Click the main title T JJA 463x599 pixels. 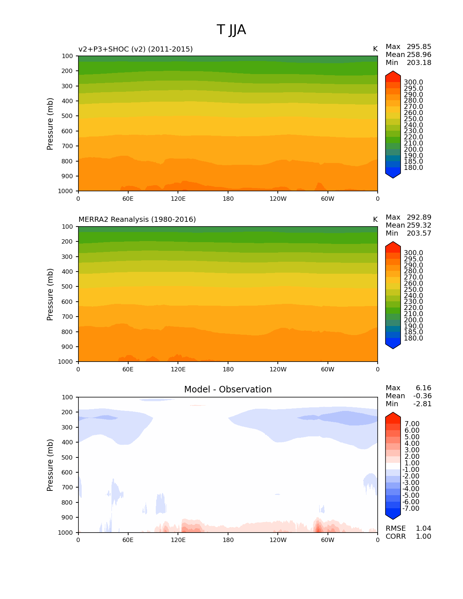[x=231, y=30]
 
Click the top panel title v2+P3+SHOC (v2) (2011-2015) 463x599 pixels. [x=135, y=49]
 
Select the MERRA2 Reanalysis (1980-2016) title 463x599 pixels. [x=137, y=220]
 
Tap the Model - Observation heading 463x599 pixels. [x=228, y=390]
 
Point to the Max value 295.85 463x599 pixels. [x=419, y=47]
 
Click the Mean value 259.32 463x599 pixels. [x=419, y=225]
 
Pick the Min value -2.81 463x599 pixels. [x=422, y=404]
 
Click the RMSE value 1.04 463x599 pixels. [x=423, y=529]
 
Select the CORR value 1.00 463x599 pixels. [x=423, y=537]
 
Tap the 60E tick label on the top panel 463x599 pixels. [x=128, y=199]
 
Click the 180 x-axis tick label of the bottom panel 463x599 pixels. [x=228, y=540]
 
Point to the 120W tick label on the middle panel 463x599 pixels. [x=278, y=370]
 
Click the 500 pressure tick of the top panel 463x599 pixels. [x=67, y=116]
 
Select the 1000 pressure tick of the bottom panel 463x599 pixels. [x=65, y=533]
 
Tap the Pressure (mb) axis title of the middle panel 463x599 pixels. [x=50, y=294]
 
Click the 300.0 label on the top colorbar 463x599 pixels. [x=413, y=82]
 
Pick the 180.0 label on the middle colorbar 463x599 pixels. [x=413, y=338]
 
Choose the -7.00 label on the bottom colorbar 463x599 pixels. [x=411, y=509]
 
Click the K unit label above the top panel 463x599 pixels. [x=375, y=49]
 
